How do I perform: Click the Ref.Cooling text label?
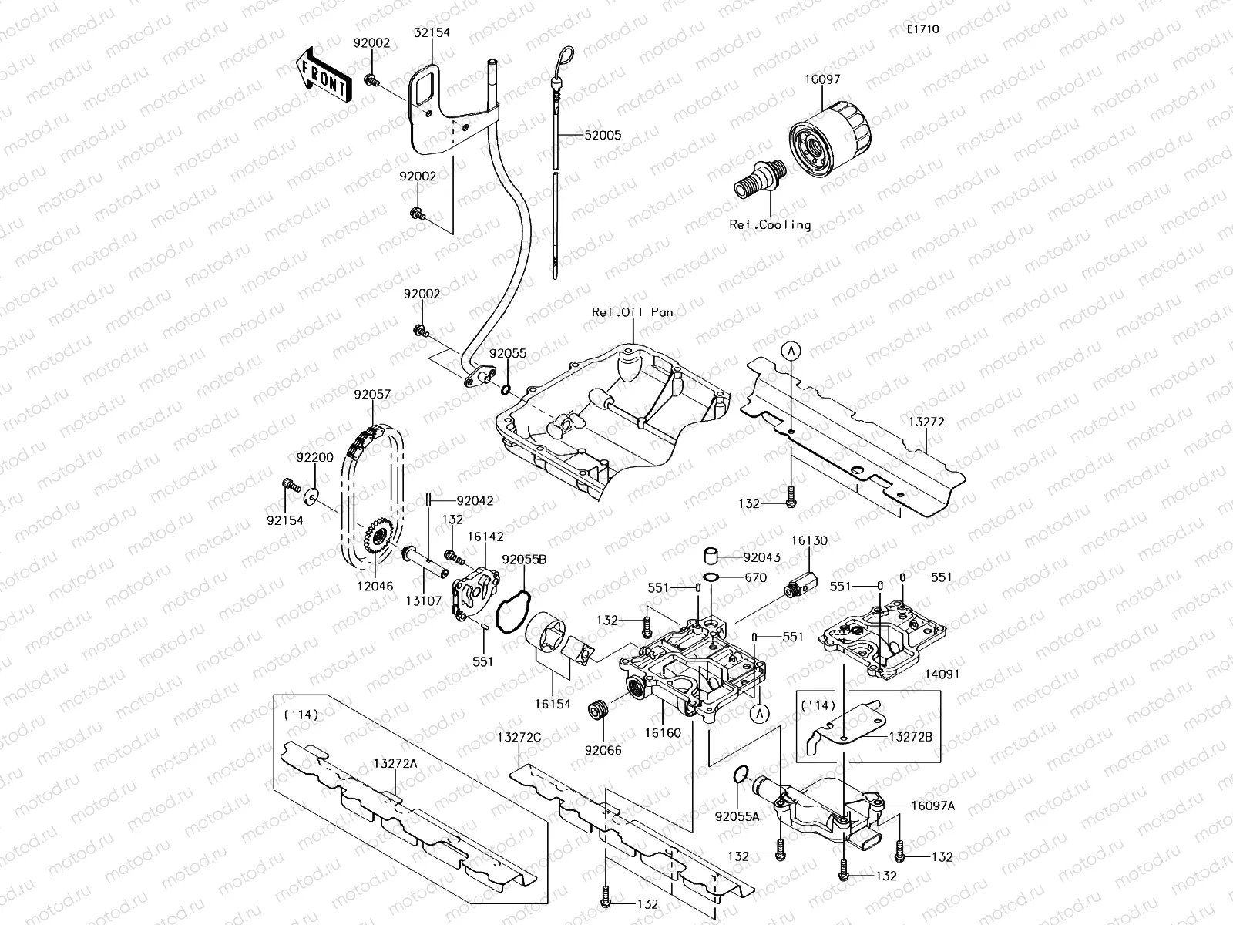click(770, 225)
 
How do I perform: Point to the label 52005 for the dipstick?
click(603, 135)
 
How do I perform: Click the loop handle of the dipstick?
click(563, 57)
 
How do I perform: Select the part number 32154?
click(432, 32)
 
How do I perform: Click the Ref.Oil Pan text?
click(632, 312)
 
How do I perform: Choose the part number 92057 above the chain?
click(372, 394)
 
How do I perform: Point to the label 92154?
click(285, 520)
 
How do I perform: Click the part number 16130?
click(809, 541)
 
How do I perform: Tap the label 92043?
click(762, 557)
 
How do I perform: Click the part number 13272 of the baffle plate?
click(926, 422)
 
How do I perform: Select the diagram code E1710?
click(922, 30)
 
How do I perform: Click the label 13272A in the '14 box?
click(396, 762)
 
